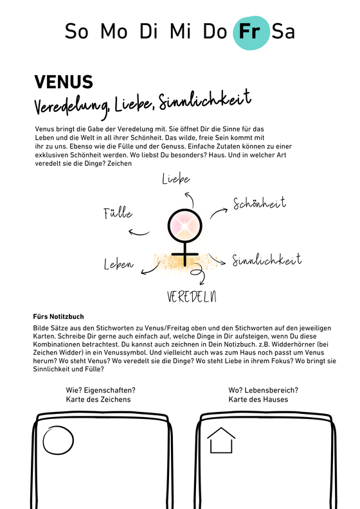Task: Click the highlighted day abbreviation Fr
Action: click(251, 31)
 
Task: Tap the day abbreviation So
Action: click(76, 31)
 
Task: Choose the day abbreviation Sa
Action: click(283, 31)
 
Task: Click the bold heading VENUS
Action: click(64, 82)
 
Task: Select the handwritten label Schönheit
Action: click(260, 204)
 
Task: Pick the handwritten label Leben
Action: click(118, 264)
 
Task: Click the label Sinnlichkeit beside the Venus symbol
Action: click(267, 260)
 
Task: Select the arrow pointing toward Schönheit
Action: click(221, 209)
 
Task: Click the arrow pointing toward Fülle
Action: click(139, 232)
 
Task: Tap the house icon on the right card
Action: click(221, 442)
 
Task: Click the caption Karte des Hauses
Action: click(258, 399)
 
